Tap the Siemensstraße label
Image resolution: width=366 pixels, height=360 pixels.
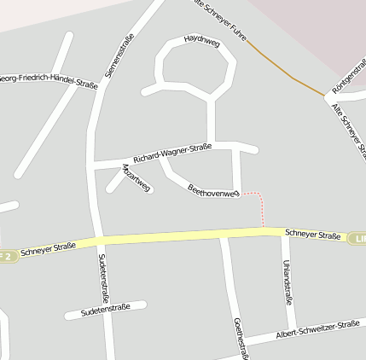(x=119, y=56)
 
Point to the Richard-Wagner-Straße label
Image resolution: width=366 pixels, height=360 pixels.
(x=171, y=153)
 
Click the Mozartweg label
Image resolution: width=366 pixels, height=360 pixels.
(x=137, y=177)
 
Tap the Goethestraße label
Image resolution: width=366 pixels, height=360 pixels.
(x=241, y=338)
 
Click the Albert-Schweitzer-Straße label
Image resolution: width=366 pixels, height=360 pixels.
(x=317, y=330)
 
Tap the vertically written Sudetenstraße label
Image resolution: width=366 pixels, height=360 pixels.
(x=103, y=278)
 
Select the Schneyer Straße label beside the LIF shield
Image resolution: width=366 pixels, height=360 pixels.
(x=313, y=235)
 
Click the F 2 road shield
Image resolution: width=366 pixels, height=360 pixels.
(x=7, y=254)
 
